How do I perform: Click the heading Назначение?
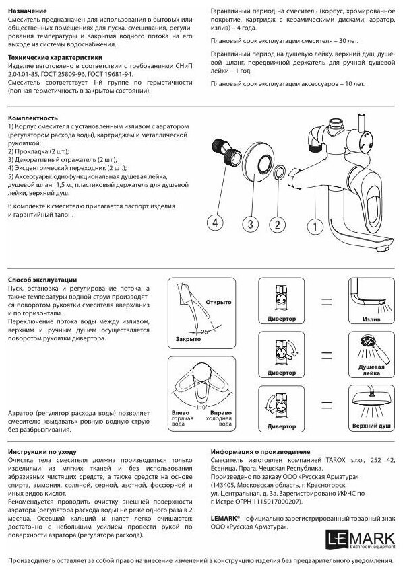(28, 12)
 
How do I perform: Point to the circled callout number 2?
(275, 223)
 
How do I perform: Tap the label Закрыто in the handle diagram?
(188, 340)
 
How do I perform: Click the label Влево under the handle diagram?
(179, 412)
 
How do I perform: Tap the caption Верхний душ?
(367, 426)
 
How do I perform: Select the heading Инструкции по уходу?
(42, 452)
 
